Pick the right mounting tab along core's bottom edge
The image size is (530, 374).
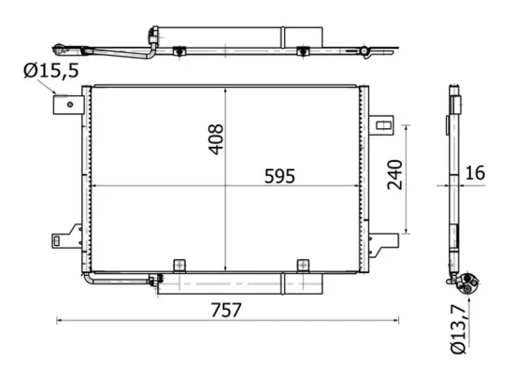click(x=302, y=265)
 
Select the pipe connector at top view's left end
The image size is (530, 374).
click(x=63, y=44)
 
